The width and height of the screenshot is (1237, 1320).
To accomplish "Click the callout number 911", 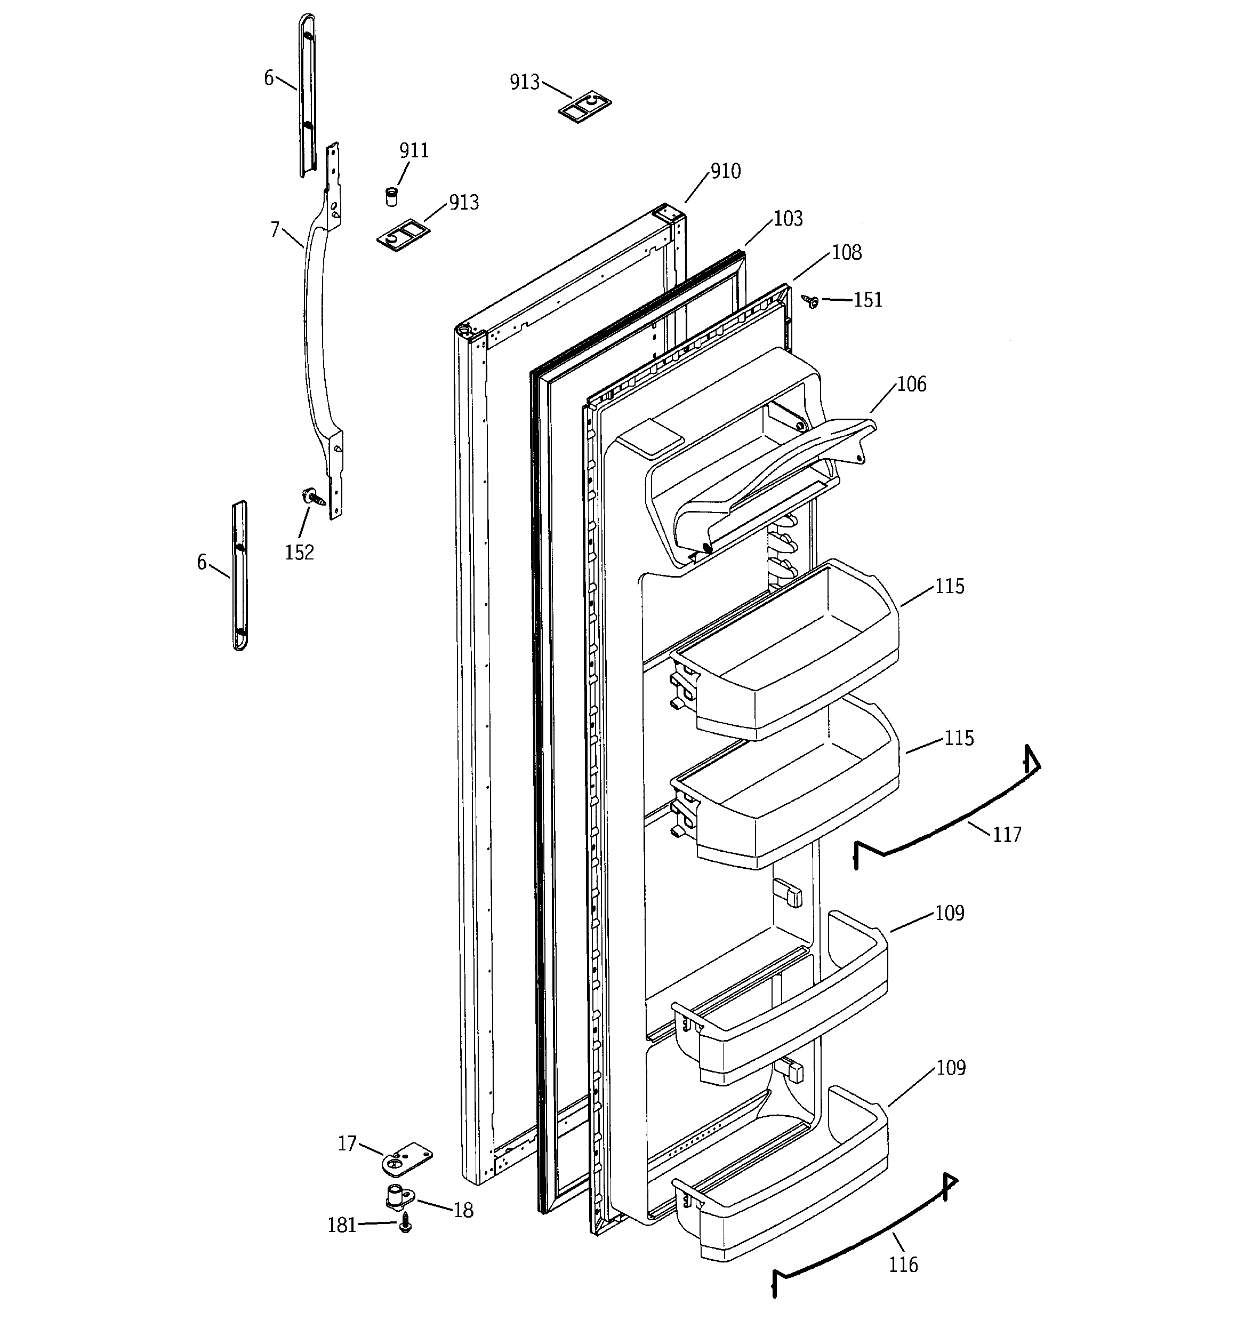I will click(414, 151).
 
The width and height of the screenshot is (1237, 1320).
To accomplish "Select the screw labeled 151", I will click(811, 301).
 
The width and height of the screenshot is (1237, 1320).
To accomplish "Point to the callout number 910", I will click(725, 171).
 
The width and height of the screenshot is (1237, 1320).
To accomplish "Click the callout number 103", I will click(788, 219).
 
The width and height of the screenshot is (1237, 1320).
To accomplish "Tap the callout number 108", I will click(847, 252).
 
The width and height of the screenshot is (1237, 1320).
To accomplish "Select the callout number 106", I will click(911, 384).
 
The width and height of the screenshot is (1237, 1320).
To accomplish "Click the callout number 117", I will click(1007, 835).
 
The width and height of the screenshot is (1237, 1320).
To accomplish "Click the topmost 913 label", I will click(525, 82).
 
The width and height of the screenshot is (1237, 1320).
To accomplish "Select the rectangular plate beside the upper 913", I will click(584, 107).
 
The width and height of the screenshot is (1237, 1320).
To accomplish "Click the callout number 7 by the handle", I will click(275, 230).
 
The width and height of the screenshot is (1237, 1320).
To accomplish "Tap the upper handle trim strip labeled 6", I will click(306, 93).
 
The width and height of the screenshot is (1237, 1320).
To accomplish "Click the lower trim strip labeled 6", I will click(240, 575).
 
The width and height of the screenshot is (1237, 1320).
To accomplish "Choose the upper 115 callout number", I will click(950, 586).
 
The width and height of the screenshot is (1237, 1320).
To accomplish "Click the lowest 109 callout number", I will click(950, 1068).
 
